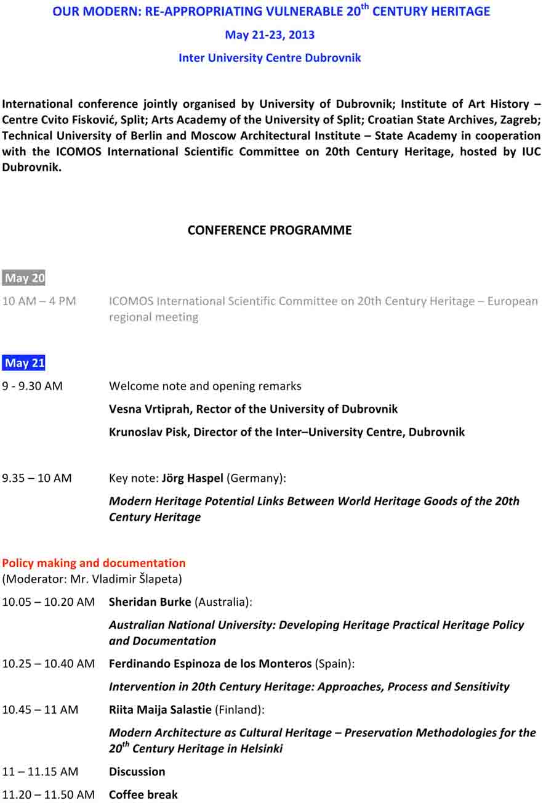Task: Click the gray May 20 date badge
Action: coord(24,278)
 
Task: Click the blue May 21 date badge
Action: coord(24,363)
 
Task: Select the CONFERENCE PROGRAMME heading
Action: coord(270,230)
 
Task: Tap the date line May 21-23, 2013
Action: coord(270,35)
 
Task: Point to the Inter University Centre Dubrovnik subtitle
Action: coord(270,58)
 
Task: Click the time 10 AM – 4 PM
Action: coord(39,301)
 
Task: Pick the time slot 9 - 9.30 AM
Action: coord(32,386)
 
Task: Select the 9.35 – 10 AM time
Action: coord(37,478)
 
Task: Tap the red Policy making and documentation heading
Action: coord(94,563)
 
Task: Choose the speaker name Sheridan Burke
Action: coord(150,601)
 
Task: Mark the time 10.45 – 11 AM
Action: coord(40,709)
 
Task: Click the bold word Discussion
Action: coord(137,772)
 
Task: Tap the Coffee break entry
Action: coord(143,794)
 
